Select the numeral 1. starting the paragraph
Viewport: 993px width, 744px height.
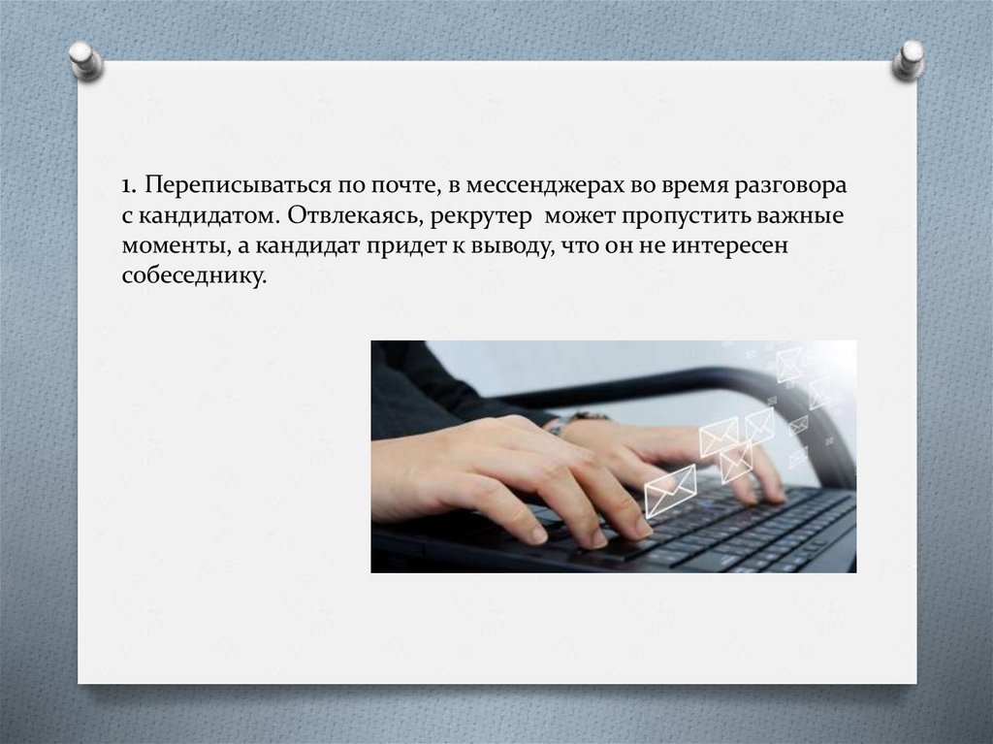[x=128, y=185]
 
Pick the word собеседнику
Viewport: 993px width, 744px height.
[x=193, y=276]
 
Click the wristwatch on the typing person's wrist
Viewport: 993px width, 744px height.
[x=576, y=420]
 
